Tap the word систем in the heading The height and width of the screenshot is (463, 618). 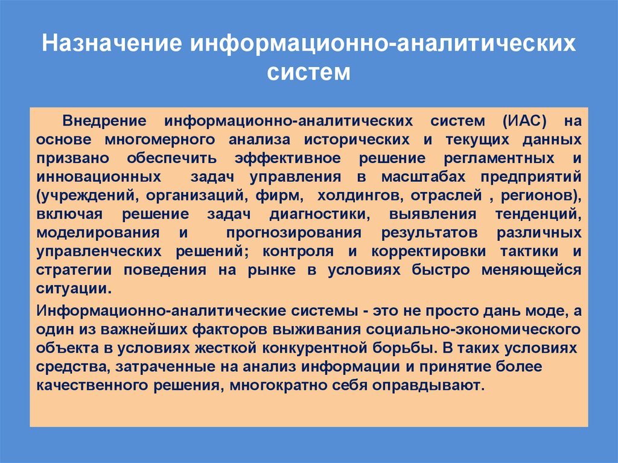point(308,73)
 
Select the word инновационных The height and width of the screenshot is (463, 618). point(98,177)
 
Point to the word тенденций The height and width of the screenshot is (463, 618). point(538,214)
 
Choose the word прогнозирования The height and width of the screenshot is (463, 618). point(293,232)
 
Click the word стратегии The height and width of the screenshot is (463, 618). point(71,269)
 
